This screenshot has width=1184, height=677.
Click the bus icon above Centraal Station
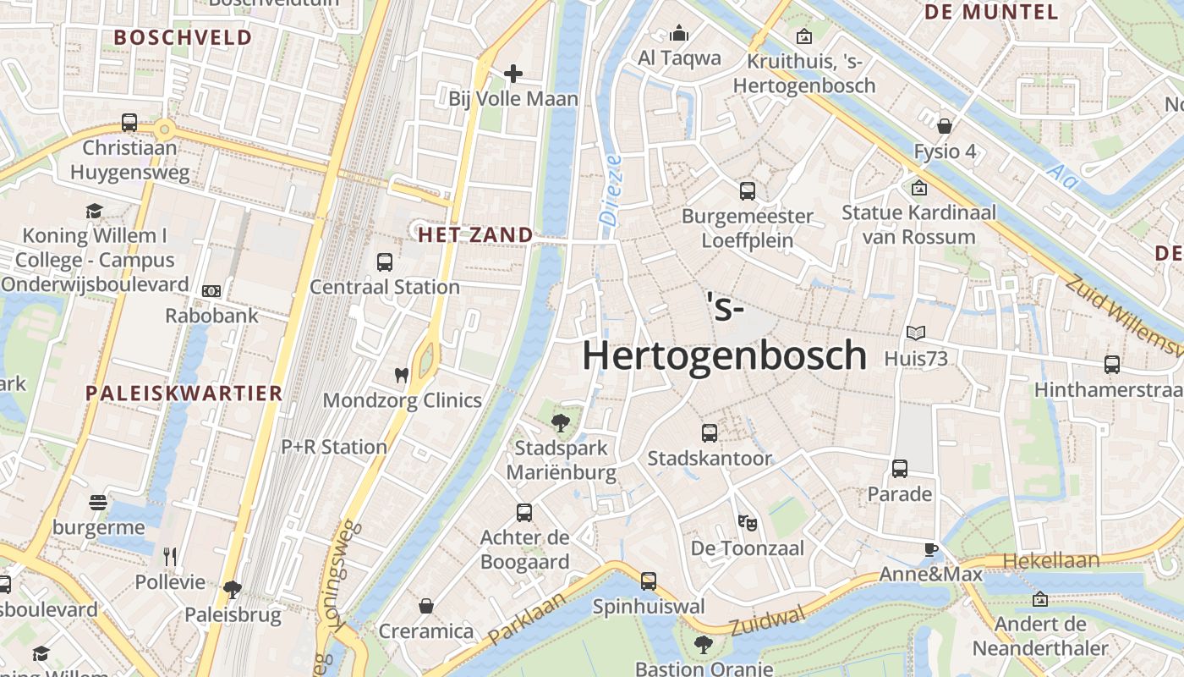[x=385, y=261]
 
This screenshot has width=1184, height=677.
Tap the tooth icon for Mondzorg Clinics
[x=402, y=375]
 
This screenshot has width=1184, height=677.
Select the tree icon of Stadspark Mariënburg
[x=560, y=421]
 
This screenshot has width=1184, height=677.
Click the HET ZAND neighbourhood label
[x=476, y=235]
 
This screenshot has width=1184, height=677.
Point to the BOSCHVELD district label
[x=184, y=37]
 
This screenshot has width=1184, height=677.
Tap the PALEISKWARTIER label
[x=184, y=393]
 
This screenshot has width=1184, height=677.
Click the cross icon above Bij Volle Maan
[x=513, y=74]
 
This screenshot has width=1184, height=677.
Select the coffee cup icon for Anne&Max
[x=931, y=549]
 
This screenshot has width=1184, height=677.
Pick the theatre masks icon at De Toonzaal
[x=747, y=522]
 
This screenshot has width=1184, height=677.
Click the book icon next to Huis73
[x=916, y=333]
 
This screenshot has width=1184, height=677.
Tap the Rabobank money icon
[x=211, y=291]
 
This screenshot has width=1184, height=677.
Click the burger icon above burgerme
[x=98, y=503]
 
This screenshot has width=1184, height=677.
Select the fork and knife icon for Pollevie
[x=170, y=556]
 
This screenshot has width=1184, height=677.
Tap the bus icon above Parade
[x=900, y=468]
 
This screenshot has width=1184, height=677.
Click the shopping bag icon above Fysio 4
[x=945, y=126]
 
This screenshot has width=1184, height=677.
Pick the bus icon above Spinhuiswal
[x=649, y=581]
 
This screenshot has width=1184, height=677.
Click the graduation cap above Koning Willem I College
[x=94, y=211]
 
